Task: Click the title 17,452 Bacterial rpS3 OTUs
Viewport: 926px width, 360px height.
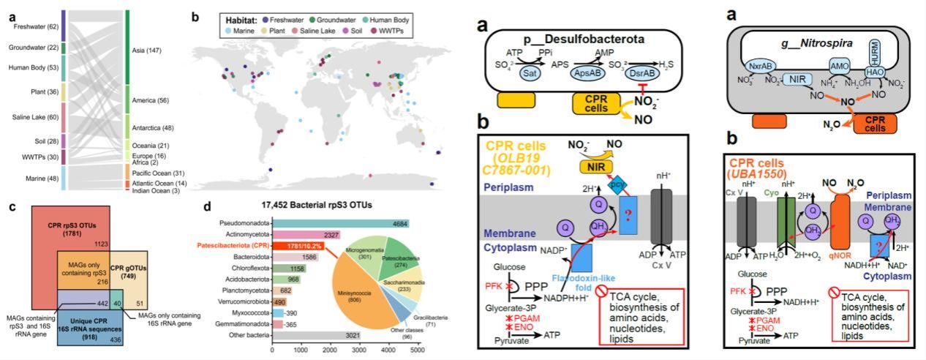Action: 345,206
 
